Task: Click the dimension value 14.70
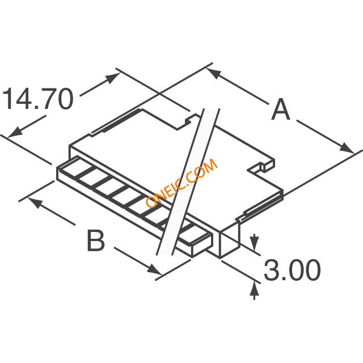tap(37, 99)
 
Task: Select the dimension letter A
tap(281, 109)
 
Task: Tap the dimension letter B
tap(96, 240)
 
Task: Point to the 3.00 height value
tap(293, 271)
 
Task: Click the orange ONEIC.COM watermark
tap(181, 183)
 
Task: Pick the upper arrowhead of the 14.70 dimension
tap(113, 78)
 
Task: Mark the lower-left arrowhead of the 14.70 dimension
tap(15, 132)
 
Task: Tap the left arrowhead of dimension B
tap(35, 202)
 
